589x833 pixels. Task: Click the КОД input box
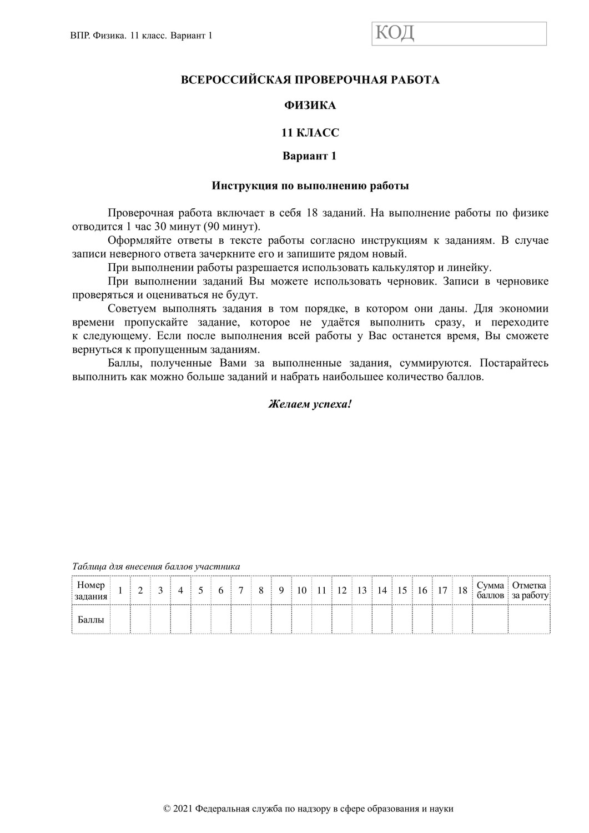coord(459,33)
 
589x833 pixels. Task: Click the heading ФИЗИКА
coord(310,105)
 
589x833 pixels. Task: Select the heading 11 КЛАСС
coord(310,133)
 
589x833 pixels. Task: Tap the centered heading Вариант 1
coord(310,156)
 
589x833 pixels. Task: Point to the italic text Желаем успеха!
coord(310,404)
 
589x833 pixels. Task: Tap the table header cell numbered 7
coord(241,590)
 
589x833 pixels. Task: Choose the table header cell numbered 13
coord(362,590)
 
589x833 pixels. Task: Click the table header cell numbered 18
coord(462,590)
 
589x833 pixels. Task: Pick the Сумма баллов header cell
coord(490,590)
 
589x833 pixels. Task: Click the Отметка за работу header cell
coord(529,590)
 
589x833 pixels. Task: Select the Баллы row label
coord(90,619)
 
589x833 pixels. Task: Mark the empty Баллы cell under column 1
coord(120,619)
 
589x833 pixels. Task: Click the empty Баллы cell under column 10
coord(301,619)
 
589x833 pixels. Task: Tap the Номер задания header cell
coord(90,590)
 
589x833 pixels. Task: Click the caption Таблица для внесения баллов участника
coord(156,567)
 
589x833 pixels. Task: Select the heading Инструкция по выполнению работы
coord(310,186)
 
